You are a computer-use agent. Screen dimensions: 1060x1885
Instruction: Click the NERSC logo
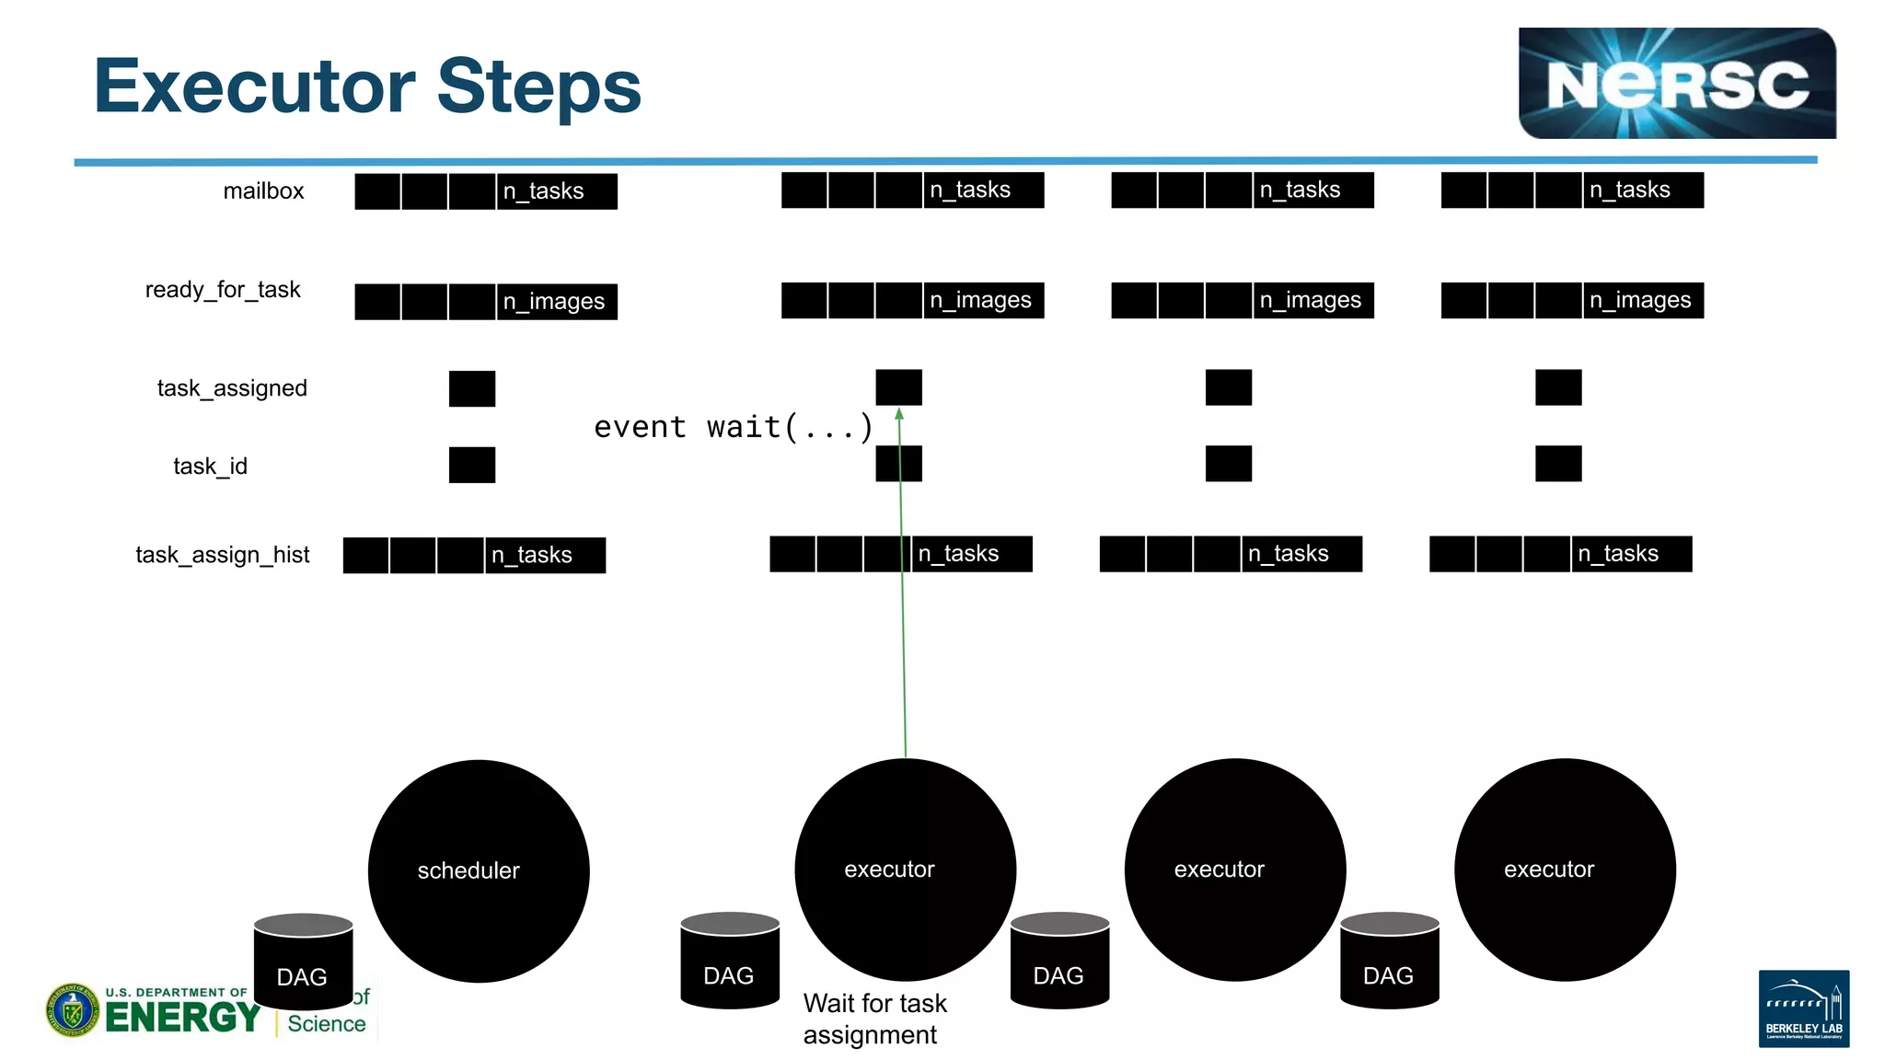click(x=1676, y=84)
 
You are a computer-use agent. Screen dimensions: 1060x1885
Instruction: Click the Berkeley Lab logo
click(x=1803, y=1008)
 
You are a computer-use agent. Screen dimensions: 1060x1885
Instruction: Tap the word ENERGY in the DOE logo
click(x=182, y=1018)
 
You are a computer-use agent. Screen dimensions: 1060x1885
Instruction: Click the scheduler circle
click(x=479, y=870)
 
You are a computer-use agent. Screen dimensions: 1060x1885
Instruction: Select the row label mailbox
click(x=263, y=191)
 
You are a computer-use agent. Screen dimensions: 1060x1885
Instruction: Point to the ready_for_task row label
click(x=223, y=290)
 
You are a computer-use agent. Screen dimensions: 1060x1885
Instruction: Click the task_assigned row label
click(x=232, y=388)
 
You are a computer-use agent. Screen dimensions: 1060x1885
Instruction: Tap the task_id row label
click(x=210, y=467)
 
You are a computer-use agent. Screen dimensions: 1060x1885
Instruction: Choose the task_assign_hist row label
click(x=223, y=555)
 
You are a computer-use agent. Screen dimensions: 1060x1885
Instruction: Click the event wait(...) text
click(x=733, y=427)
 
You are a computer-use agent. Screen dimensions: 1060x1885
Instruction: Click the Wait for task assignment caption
click(x=873, y=1019)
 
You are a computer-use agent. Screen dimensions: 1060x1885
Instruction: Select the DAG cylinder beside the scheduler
click(x=303, y=962)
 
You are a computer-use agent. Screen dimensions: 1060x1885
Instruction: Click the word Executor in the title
click(x=254, y=86)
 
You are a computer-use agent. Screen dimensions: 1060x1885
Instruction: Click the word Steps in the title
click(x=538, y=86)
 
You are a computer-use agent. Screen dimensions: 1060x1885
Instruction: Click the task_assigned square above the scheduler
click(x=472, y=388)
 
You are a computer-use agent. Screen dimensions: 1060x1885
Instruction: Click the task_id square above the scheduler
click(x=472, y=466)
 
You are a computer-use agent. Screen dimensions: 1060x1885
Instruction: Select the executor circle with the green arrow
click(x=905, y=869)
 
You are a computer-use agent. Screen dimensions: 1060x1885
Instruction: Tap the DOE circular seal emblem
click(x=73, y=1009)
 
